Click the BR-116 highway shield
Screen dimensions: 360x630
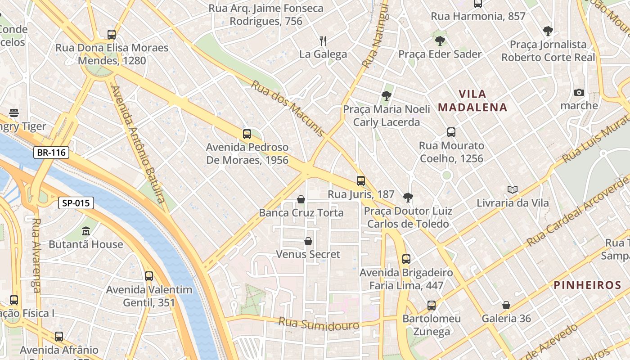pos(51,153)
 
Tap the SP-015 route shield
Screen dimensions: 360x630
pos(76,203)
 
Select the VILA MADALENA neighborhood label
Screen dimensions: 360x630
pos(472,101)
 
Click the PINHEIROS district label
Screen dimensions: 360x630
pos(587,285)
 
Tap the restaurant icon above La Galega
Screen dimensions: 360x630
pos(323,41)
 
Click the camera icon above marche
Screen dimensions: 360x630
pos(579,93)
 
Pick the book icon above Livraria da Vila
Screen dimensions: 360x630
pos(512,190)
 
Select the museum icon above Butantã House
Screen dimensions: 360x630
pos(86,231)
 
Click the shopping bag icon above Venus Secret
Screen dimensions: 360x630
pos(308,241)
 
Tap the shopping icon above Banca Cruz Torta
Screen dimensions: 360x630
pos(301,199)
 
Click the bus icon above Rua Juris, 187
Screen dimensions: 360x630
pos(361,181)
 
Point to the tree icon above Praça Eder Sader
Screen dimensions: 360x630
pos(440,41)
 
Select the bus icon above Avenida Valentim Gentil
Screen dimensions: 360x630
pos(149,276)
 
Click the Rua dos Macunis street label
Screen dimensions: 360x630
pos(288,108)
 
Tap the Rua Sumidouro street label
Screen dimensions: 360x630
pos(319,324)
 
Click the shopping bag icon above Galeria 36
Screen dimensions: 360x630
pos(506,305)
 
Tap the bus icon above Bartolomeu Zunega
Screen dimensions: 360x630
pos(432,306)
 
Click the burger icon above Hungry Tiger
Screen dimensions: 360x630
pos(14,113)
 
